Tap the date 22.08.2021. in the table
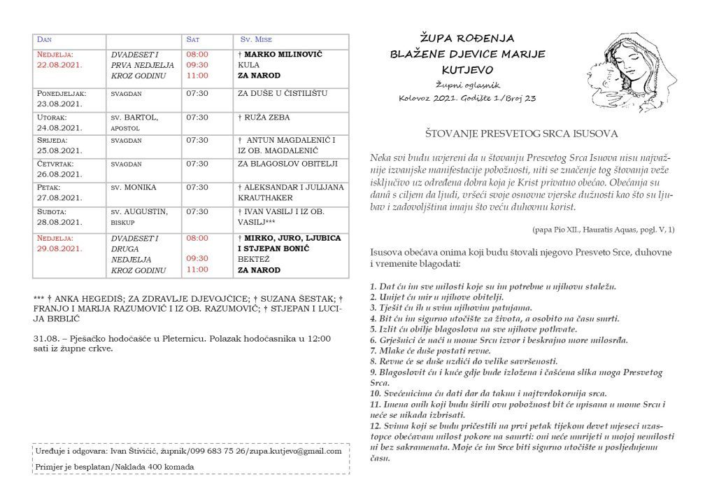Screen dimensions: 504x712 (59, 65)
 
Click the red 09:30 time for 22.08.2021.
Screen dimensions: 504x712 (197, 64)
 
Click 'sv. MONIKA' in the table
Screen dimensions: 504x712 (133, 188)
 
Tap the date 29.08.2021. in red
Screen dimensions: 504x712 (59, 249)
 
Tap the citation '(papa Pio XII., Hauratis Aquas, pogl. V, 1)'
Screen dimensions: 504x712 (602, 229)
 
